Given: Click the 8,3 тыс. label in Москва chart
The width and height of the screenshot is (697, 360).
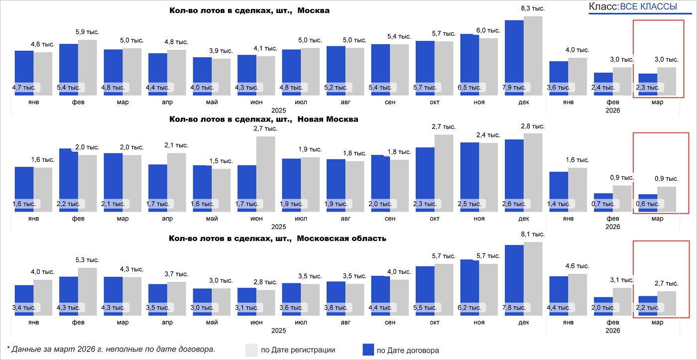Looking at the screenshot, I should tap(532, 8).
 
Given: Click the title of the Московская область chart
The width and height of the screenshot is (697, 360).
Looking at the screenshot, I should tap(278, 238).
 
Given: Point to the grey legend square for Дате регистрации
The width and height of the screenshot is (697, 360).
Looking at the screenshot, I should tap(251, 350).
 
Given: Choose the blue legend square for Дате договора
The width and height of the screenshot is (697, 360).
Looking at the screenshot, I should tap(367, 350).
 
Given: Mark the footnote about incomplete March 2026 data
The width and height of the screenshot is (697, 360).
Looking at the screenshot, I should tap(111, 349).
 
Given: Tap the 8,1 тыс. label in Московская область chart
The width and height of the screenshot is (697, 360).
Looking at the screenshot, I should tap(532, 235).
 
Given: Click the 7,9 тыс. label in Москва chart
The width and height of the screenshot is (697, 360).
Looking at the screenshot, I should tap(515, 87).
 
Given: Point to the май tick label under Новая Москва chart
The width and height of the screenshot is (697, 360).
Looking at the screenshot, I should tap(212, 218).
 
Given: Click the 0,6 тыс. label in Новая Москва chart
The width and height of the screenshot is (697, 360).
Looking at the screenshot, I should tap(647, 204).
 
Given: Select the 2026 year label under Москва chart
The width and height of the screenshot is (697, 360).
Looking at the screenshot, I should tap(612, 111).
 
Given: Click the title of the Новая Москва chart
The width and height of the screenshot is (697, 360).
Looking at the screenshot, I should tap(264, 120).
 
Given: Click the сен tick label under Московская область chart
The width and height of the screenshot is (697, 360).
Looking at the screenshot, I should tap(390, 322).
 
